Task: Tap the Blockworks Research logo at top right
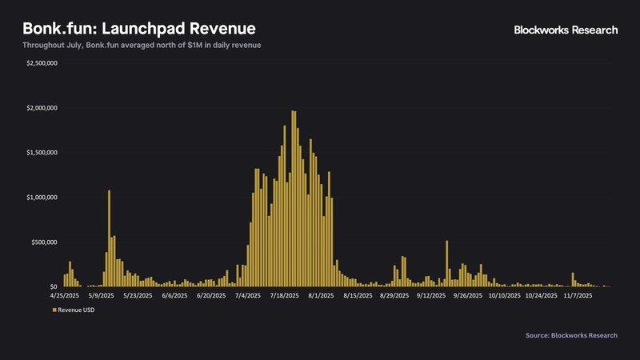[x=566, y=30]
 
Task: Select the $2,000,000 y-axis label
[x=42, y=107]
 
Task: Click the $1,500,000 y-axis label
[x=42, y=152]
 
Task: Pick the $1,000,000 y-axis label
[x=42, y=197]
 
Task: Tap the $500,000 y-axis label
[x=44, y=242]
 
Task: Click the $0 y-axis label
[x=53, y=286]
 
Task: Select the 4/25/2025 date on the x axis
[x=68, y=295]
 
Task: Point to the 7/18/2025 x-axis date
[x=285, y=295]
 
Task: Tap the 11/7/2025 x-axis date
[x=578, y=295]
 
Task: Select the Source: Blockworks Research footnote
[x=571, y=335]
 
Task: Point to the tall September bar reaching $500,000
[x=446, y=263]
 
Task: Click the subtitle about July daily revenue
[x=142, y=45]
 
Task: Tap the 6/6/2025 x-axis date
[x=174, y=295]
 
